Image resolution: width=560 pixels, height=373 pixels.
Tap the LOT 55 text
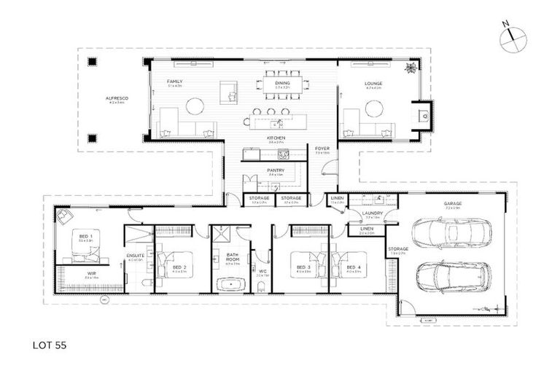(x=49, y=345)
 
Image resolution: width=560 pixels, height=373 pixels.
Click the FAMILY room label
(x=174, y=81)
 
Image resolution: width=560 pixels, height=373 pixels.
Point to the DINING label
(x=282, y=83)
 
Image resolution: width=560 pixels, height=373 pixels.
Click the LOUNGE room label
(x=373, y=83)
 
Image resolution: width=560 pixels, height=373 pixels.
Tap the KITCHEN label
(x=275, y=138)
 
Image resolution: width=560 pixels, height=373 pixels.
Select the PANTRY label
(x=275, y=170)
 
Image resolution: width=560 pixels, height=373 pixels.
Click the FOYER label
(x=322, y=149)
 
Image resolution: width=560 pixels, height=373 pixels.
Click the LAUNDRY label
(x=373, y=213)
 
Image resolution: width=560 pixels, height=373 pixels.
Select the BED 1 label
(x=85, y=236)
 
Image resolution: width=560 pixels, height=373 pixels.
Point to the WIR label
(x=91, y=274)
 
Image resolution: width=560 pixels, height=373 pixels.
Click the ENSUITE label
(x=135, y=256)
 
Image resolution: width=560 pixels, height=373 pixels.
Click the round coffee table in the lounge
(x=374, y=109)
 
